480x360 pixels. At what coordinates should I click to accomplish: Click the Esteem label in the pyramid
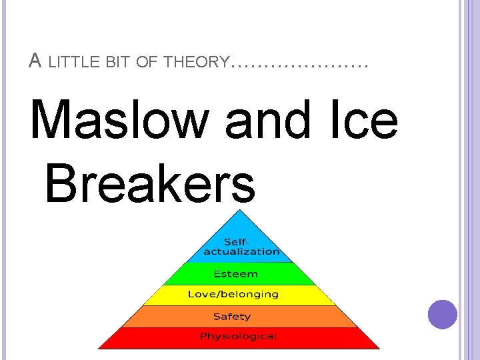235,273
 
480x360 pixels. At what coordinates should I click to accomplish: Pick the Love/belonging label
233,294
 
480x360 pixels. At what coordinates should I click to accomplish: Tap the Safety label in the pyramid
232,316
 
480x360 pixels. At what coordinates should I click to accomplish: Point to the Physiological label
238,336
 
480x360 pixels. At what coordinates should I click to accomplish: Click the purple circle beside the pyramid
443,314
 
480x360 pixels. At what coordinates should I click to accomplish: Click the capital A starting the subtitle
35,61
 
